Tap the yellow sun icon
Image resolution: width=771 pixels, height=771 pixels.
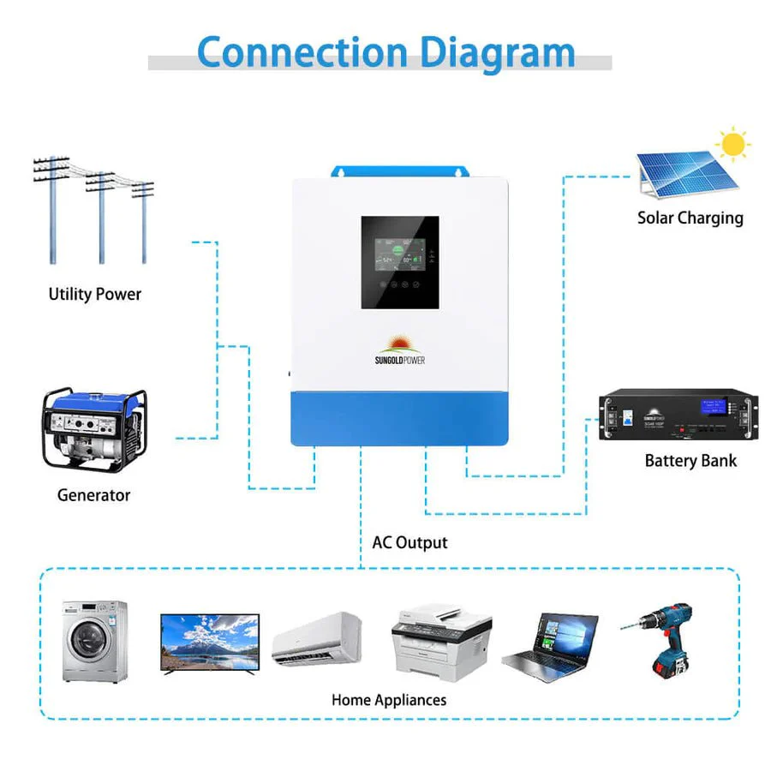coord(732,145)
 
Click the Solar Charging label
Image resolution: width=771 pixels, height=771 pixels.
coord(690,218)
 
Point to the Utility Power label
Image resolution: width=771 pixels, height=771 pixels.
coord(94,294)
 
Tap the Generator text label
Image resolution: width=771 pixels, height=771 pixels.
coord(93,495)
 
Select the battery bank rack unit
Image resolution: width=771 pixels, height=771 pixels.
coord(680,415)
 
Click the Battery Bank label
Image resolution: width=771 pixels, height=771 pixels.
coord(690,461)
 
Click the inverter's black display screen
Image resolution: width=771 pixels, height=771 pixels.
coord(400,262)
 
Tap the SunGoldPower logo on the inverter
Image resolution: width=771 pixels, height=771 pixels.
coord(400,352)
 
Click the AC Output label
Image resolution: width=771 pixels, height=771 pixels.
coord(409,542)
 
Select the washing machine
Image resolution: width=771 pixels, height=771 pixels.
coord(94,641)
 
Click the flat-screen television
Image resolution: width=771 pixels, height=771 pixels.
coord(210,642)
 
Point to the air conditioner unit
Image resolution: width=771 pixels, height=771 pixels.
coord(317,638)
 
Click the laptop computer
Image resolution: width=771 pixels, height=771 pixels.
coord(548,647)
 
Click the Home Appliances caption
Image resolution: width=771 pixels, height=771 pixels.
coord(389,700)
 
